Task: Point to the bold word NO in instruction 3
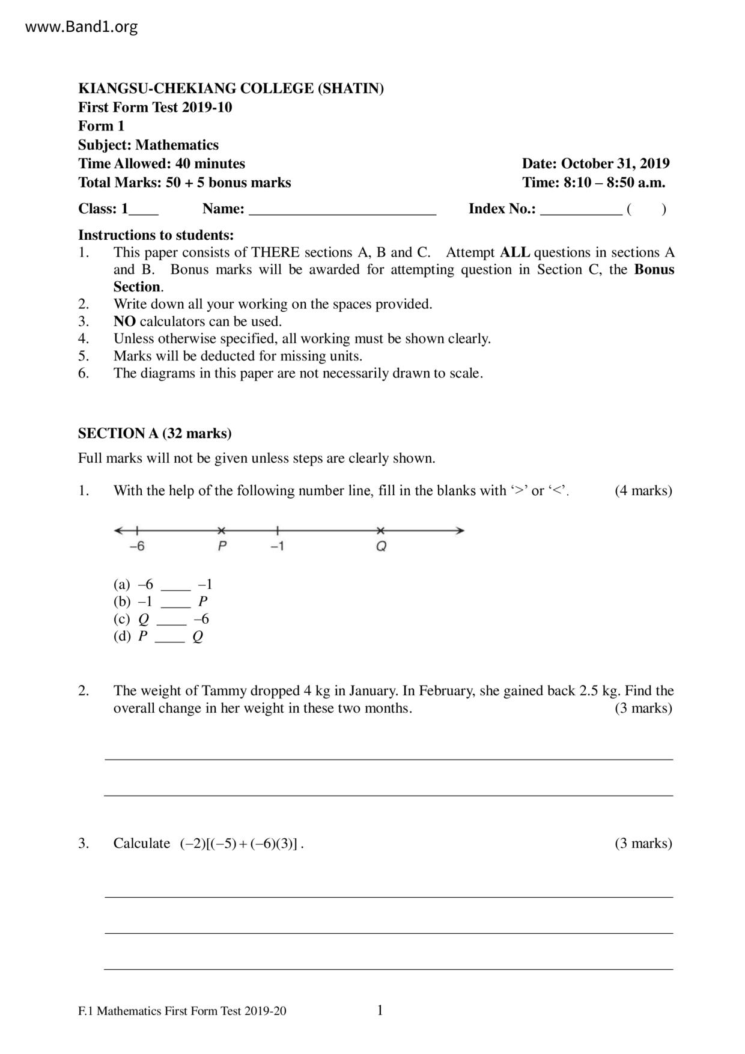[x=124, y=321]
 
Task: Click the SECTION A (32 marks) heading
[x=155, y=433]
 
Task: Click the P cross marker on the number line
[x=222, y=531]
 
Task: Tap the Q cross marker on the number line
[x=380, y=531]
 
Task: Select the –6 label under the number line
[x=137, y=546]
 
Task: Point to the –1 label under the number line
[x=277, y=546]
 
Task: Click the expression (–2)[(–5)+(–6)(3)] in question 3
[x=239, y=844]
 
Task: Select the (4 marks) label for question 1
[x=643, y=491]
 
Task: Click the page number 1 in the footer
[x=380, y=1010]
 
